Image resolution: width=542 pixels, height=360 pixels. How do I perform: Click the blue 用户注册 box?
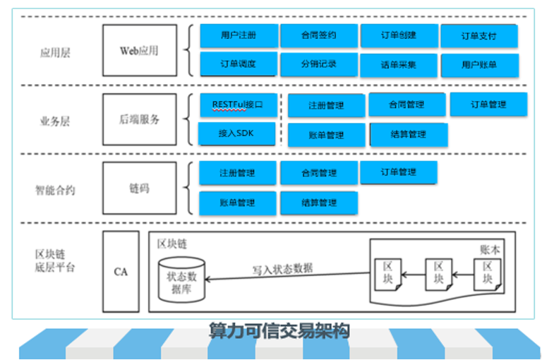coord(238,35)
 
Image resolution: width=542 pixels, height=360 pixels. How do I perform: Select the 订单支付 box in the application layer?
coord(479,35)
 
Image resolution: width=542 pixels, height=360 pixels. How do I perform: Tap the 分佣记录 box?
coord(318,64)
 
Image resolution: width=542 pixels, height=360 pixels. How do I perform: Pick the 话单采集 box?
coord(399,65)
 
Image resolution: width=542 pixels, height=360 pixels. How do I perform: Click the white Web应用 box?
coord(139,51)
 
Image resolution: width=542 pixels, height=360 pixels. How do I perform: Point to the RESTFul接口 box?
coord(237,104)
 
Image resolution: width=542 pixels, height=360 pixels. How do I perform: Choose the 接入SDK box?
coord(236,133)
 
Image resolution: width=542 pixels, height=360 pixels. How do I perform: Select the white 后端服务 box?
coord(139,119)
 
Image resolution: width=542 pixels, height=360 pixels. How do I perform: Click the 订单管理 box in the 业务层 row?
coord(488,104)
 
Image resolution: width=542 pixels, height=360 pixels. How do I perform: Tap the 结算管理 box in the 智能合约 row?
coord(318,203)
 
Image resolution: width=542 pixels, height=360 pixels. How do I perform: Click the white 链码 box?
coord(139,188)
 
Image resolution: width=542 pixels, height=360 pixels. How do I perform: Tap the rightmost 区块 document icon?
coord(488,273)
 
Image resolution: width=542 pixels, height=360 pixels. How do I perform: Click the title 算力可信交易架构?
coord(279,330)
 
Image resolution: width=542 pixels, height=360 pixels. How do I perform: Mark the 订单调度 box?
coord(238,64)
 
